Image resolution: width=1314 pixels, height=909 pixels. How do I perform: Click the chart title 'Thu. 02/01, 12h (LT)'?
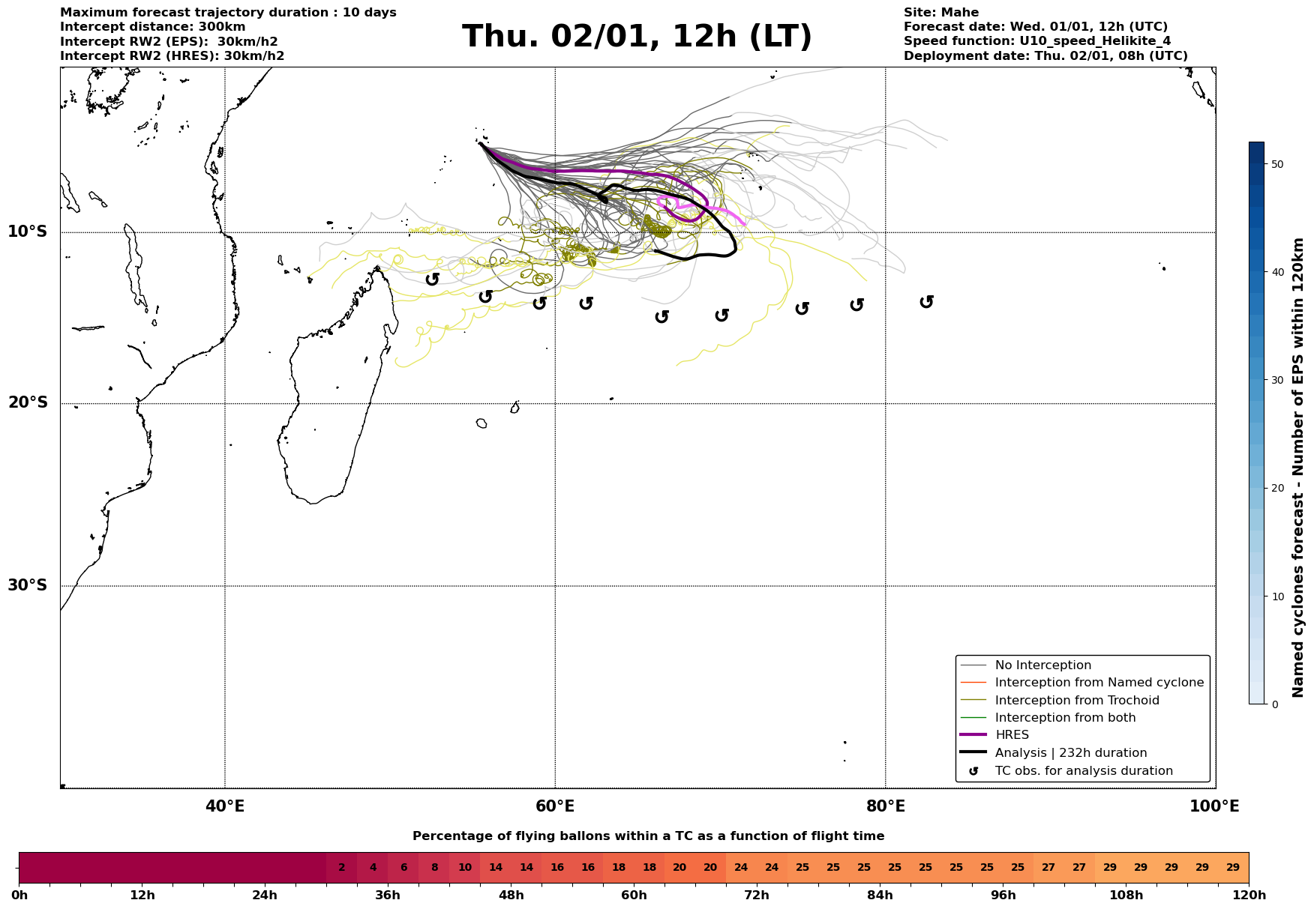pyautogui.click(x=637, y=37)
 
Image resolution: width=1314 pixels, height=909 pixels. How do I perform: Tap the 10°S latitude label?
pyautogui.click(x=28, y=232)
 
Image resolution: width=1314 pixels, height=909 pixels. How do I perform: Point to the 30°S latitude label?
pyautogui.click(x=28, y=585)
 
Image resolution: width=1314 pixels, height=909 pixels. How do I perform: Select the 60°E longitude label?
pyautogui.click(x=555, y=806)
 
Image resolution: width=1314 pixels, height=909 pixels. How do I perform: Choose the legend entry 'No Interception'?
pyautogui.click(x=1042, y=665)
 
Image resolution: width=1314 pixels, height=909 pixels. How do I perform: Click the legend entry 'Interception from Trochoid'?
pyautogui.click(x=1076, y=701)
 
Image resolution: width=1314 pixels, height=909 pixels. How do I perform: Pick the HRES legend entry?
pyautogui.click(x=1012, y=735)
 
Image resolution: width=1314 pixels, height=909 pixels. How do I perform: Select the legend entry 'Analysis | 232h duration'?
pyautogui.click(x=1070, y=753)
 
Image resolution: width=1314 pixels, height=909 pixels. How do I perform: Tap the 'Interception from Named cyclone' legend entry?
pyautogui.click(x=1099, y=683)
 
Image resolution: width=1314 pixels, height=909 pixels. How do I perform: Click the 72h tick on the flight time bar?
pyautogui.click(x=757, y=895)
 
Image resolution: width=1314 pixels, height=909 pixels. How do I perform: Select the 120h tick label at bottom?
pyautogui.click(x=1247, y=895)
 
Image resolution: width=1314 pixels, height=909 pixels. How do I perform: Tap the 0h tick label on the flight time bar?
pyautogui.click(x=19, y=895)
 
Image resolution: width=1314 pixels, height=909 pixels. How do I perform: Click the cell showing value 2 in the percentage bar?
pyautogui.click(x=342, y=868)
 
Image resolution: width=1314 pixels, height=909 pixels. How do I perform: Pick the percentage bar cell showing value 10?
pyautogui.click(x=465, y=868)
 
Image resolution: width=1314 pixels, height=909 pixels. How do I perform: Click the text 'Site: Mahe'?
pyautogui.click(x=940, y=13)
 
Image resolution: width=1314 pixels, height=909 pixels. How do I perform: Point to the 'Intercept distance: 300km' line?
pyautogui.click(x=152, y=27)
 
